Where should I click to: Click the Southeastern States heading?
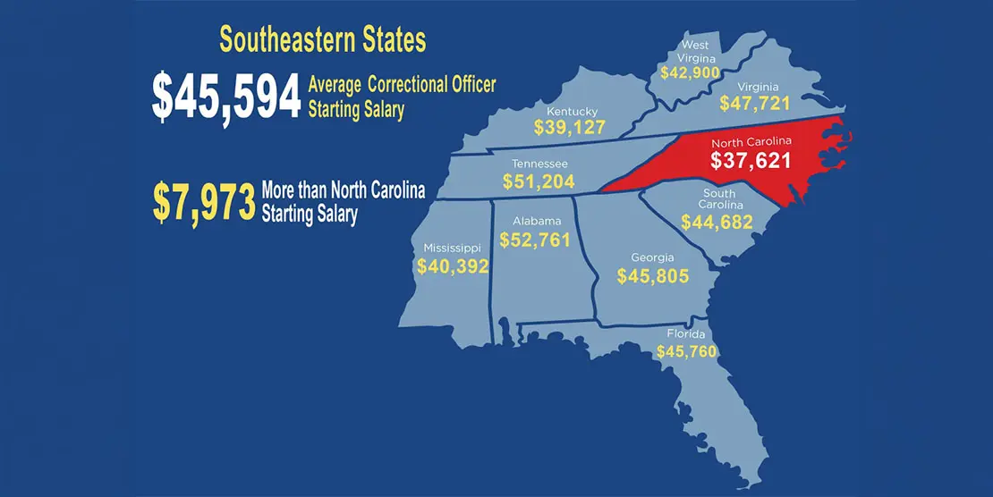pyautogui.click(x=322, y=40)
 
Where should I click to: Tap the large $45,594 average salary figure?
pyautogui.click(x=225, y=97)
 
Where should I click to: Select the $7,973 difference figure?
pyautogui.click(x=204, y=203)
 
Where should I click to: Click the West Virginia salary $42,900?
pyautogui.click(x=692, y=72)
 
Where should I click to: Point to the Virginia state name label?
pyautogui.click(x=755, y=88)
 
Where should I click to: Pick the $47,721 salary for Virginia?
pyautogui.click(x=755, y=103)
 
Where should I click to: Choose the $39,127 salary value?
pyautogui.click(x=570, y=127)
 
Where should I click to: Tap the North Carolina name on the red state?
pyautogui.click(x=751, y=143)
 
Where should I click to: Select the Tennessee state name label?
pyautogui.click(x=539, y=164)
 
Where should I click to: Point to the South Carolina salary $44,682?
pyautogui.click(x=717, y=223)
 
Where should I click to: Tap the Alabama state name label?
pyautogui.click(x=537, y=222)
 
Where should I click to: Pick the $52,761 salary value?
pyautogui.click(x=535, y=240)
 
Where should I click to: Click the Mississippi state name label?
pyautogui.click(x=452, y=248)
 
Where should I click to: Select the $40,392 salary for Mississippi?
pyautogui.click(x=453, y=265)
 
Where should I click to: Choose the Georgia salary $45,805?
pyautogui.click(x=653, y=276)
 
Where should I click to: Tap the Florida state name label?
pyautogui.click(x=686, y=334)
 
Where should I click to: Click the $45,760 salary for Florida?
pyautogui.click(x=686, y=351)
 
